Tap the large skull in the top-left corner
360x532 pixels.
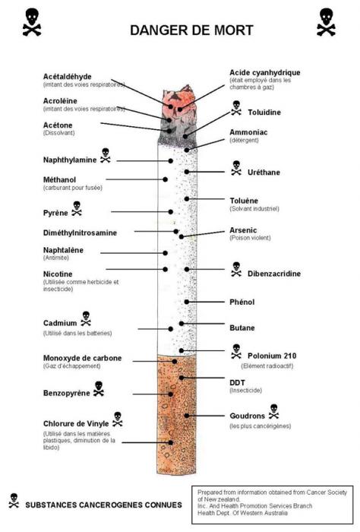(x=32, y=22)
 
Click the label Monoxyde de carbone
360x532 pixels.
(x=82, y=358)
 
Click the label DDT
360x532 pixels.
(x=238, y=381)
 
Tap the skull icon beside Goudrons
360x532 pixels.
(x=274, y=411)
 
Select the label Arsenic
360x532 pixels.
(x=244, y=230)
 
